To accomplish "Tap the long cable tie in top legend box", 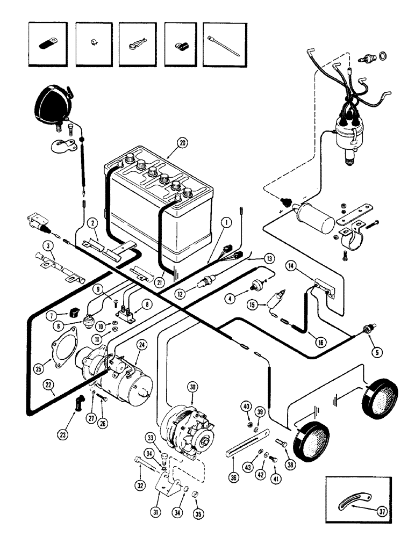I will [222, 45].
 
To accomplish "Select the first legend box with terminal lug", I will [48, 45].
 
